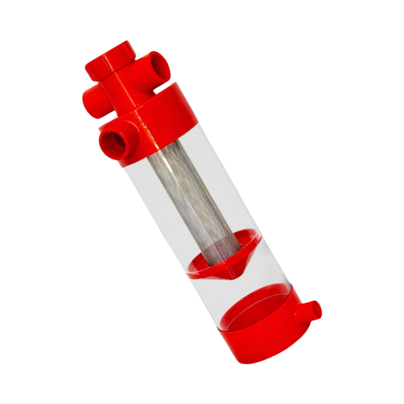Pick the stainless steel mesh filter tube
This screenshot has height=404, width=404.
coord(193,193)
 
